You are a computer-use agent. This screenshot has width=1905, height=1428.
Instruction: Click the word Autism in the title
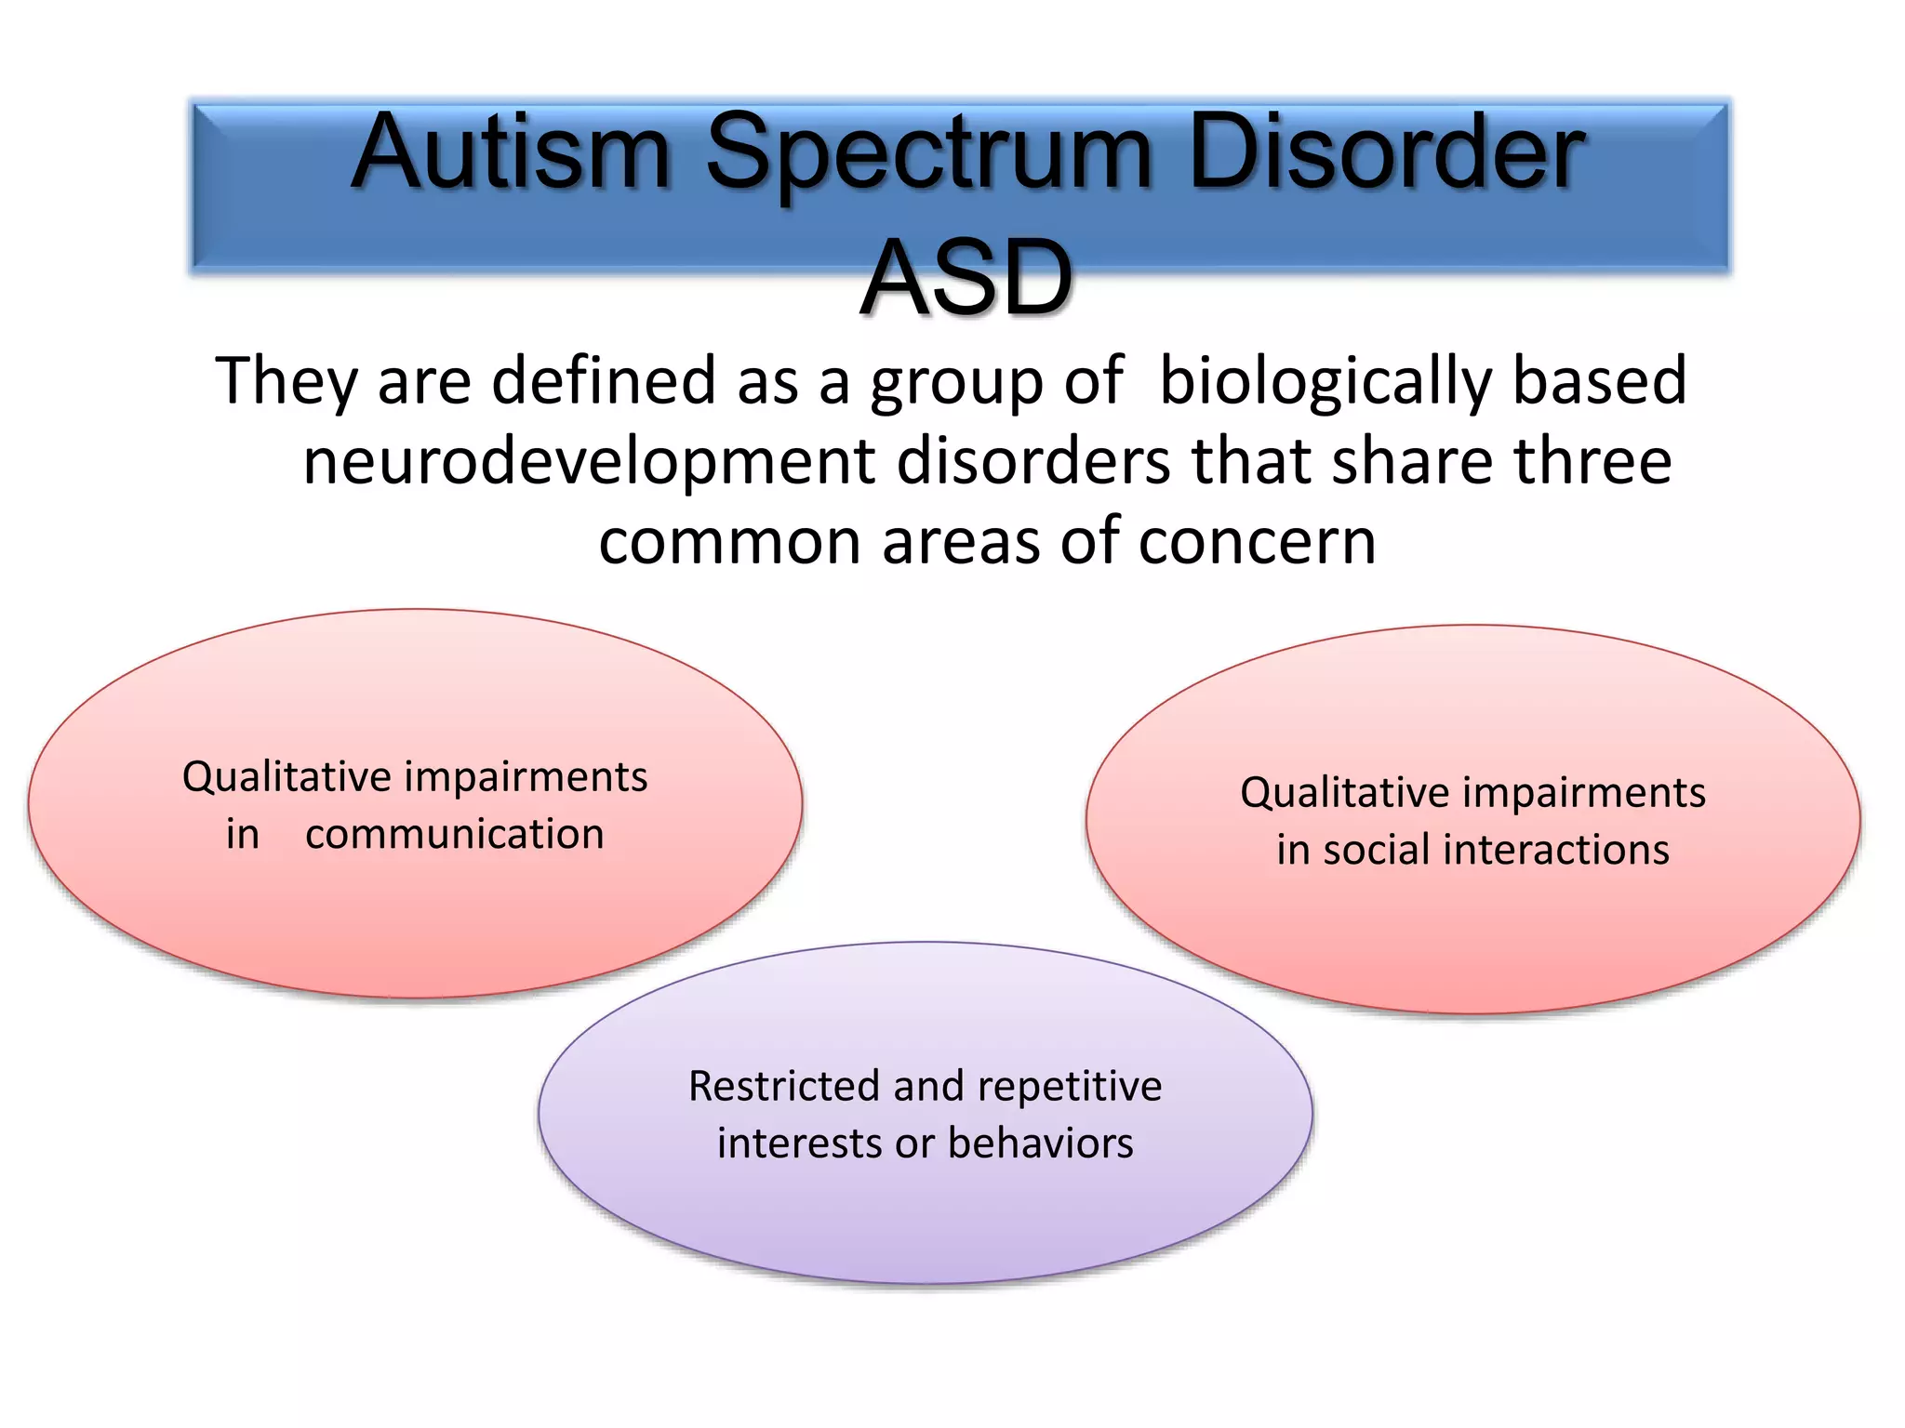511,153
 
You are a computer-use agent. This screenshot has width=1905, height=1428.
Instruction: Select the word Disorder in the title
1385,153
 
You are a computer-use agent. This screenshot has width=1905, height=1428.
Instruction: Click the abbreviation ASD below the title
966,278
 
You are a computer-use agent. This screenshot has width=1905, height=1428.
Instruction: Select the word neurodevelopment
589,462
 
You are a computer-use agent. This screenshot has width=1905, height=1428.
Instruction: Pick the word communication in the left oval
454,834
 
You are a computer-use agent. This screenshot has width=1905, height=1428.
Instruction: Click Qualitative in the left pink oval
286,777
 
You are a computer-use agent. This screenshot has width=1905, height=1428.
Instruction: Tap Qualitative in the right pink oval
1344,793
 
